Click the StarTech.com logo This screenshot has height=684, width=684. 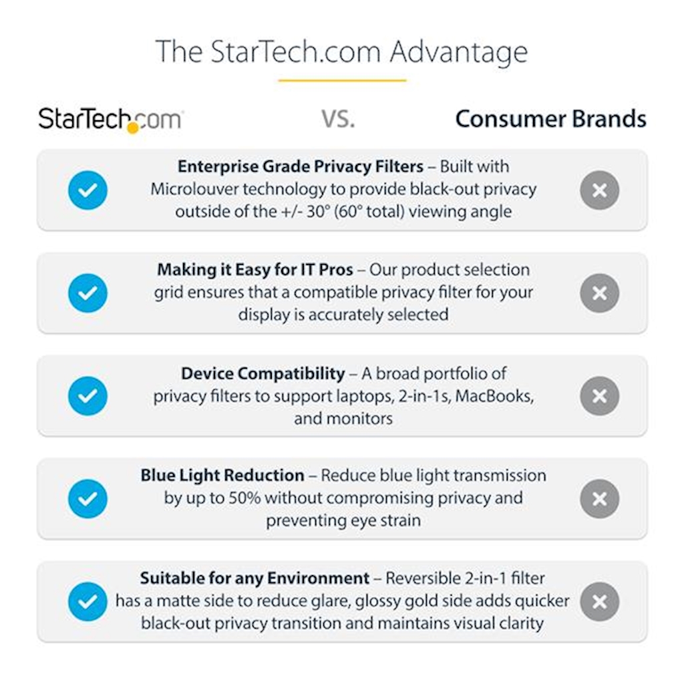point(111,120)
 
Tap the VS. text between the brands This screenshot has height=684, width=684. point(338,119)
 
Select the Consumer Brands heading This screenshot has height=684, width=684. point(550,119)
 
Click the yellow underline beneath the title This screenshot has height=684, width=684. point(342,80)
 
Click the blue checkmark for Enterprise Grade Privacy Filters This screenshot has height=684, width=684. point(88,190)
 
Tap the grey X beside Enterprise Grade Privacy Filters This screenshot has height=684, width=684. point(599,190)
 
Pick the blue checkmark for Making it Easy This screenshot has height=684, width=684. point(88,293)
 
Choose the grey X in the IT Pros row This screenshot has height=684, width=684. point(599,293)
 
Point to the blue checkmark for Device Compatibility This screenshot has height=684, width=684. point(88,396)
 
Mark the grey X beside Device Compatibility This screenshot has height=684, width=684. point(599,396)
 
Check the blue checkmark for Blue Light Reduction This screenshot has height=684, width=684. point(88,498)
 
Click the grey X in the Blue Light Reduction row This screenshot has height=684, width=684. point(599,498)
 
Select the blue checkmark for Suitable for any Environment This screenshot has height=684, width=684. point(88,602)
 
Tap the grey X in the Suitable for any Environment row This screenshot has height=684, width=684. point(599,602)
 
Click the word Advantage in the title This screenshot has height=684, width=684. point(458,53)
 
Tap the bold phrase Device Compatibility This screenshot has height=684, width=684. point(263,374)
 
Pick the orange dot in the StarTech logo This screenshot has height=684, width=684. point(133,128)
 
